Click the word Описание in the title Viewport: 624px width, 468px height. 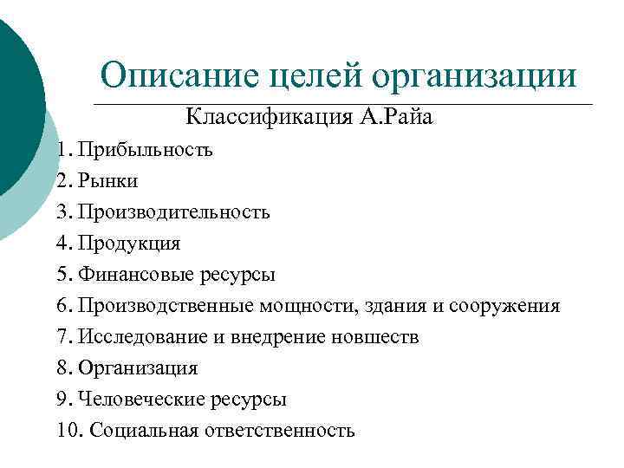[179, 75]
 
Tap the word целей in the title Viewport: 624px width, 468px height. [317, 76]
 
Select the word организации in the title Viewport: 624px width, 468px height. [475, 76]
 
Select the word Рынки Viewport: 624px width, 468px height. [107, 181]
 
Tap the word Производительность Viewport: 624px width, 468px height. [173, 212]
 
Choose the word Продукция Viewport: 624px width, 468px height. [129, 244]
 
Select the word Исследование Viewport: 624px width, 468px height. [136, 337]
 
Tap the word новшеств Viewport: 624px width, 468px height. [375, 337]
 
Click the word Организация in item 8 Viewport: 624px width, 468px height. [138, 368]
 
